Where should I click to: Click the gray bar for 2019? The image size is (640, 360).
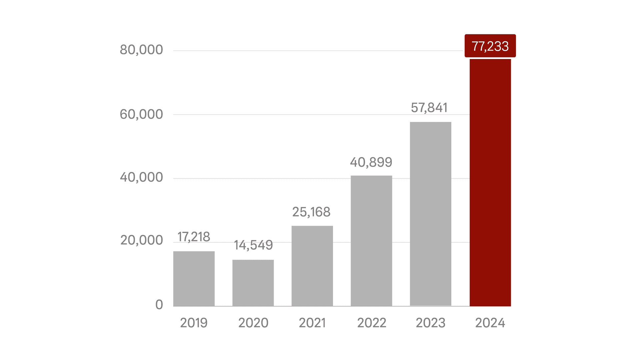point(194,279)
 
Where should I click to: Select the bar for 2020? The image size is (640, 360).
point(253,283)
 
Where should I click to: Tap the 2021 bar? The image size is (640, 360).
point(312,266)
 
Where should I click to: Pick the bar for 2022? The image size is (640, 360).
point(371,241)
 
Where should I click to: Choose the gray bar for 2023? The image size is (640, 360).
point(430,214)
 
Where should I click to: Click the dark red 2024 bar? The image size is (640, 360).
point(490,182)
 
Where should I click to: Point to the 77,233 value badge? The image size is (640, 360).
point(490,46)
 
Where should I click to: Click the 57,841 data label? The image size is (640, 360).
point(429,108)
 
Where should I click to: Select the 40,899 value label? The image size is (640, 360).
point(371,162)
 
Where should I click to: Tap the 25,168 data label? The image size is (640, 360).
point(311,212)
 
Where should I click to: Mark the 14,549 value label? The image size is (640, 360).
point(253,245)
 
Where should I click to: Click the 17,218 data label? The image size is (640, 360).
point(194,237)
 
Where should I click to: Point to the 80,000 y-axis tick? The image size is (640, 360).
point(141,50)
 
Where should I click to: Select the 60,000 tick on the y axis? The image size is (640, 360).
point(141,114)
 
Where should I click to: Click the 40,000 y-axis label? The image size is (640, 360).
point(141,177)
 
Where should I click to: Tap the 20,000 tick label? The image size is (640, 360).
point(141,240)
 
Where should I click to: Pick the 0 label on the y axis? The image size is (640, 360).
point(159,305)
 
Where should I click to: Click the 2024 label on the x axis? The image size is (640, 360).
point(490,323)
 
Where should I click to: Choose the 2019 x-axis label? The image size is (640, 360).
point(194,323)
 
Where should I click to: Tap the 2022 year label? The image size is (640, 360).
point(371,323)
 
